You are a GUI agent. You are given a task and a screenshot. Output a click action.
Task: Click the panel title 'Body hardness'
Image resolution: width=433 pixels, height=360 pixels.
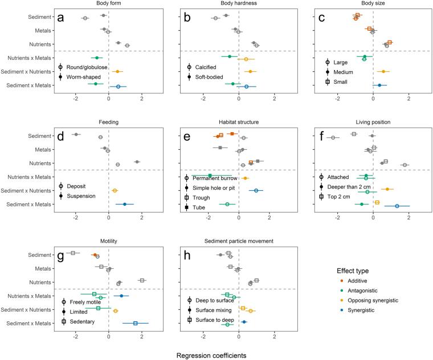tap(239, 3)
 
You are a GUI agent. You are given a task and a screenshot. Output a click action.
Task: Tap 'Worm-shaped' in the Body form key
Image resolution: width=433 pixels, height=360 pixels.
tap(83, 77)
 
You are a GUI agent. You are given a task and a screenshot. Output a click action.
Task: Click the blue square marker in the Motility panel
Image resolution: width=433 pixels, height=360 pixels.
tap(136, 323)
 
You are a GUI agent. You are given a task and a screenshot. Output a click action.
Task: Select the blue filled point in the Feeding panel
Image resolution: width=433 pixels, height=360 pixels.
tap(124, 204)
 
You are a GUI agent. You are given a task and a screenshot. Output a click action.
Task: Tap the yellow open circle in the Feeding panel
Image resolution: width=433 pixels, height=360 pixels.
tap(115, 190)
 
